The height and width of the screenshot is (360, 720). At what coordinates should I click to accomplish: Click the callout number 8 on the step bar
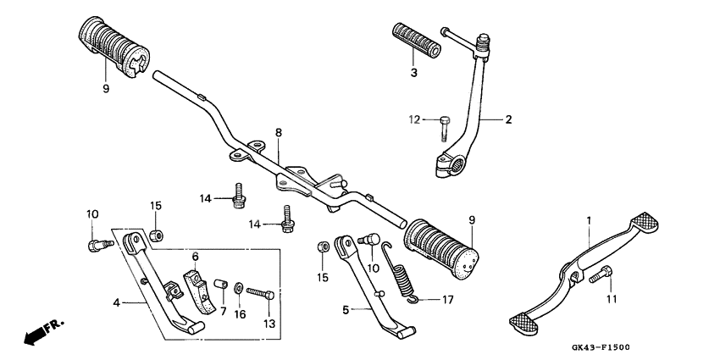(277, 133)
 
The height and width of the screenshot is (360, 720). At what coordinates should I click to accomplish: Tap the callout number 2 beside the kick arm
(509, 119)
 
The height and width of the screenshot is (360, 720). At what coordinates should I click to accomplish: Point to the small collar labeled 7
(219, 283)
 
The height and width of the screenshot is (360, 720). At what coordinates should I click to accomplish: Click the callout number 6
(194, 257)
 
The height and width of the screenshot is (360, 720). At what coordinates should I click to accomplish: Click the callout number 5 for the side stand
(345, 311)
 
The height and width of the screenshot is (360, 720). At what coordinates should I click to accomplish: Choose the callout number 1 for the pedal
(586, 220)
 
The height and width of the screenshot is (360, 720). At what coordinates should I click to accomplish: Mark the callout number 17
(448, 299)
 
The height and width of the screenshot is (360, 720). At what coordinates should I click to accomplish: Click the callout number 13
(270, 324)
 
